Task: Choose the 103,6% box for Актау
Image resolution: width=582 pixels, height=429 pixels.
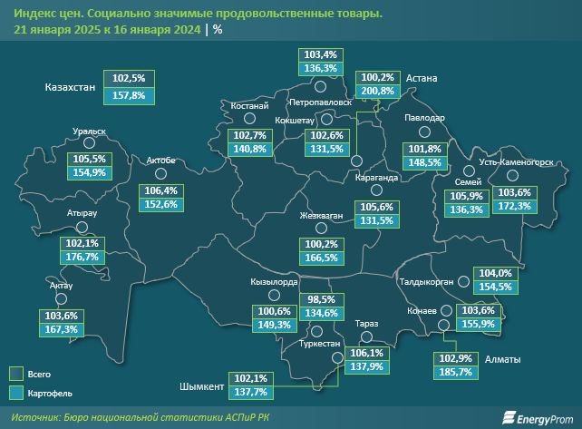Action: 62,316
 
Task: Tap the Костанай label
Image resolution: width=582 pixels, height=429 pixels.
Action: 237,107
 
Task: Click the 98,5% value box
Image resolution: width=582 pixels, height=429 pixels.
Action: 321,299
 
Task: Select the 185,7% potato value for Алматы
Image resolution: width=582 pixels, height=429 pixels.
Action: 456,372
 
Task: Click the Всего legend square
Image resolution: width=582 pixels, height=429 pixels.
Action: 15,374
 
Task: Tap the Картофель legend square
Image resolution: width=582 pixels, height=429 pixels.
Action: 15,393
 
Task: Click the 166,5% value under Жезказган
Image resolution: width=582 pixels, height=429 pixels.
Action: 323,258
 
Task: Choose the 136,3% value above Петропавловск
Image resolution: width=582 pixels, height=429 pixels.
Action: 322,68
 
